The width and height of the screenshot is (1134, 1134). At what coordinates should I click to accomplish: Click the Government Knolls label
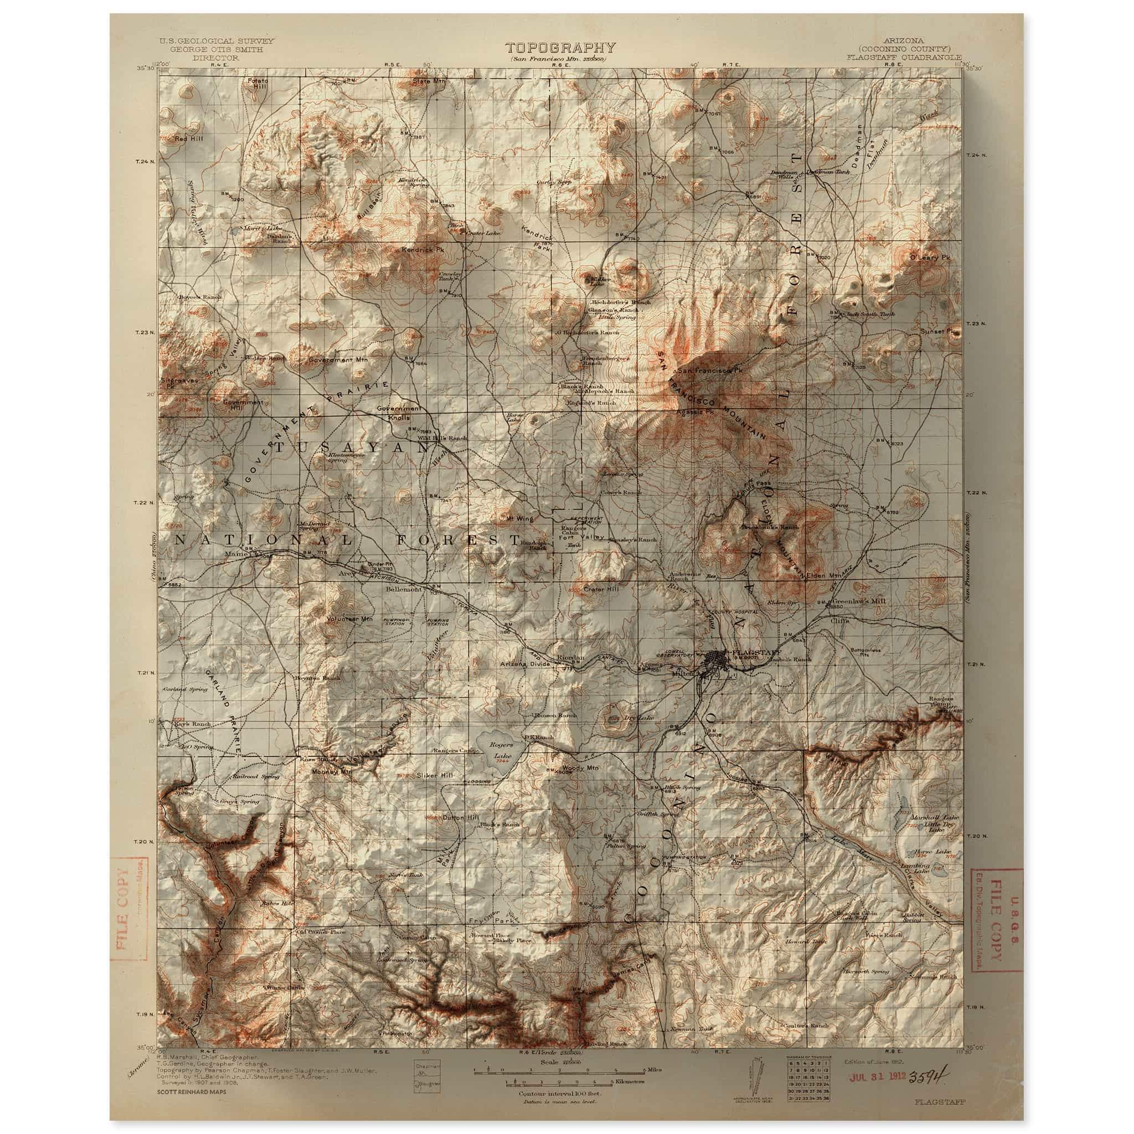(x=399, y=413)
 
